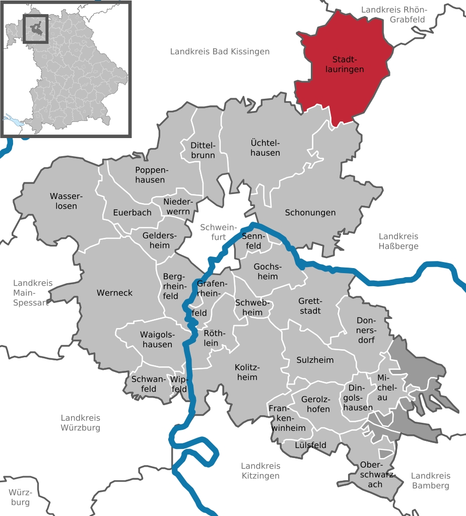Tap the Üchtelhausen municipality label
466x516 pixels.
265,147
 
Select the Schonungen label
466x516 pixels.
310,213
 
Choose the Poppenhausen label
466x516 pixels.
150,174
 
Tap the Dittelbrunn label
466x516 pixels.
203,150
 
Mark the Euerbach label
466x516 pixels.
132,213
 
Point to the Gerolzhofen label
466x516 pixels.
315,404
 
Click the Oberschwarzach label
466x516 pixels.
372,474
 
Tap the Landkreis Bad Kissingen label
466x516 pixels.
220,51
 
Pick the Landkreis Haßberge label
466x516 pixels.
398,241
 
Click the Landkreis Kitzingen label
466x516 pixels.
260,471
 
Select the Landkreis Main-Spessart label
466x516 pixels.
32,293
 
